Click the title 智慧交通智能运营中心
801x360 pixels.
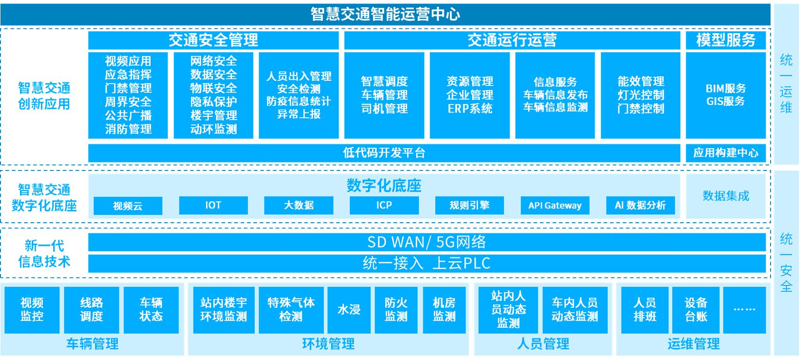[x=385, y=14]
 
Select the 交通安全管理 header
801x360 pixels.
[x=213, y=40]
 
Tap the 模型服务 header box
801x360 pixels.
[x=725, y=40]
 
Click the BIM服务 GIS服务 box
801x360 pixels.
[x=725, y=95]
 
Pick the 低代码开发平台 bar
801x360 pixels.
[x=384, y=153]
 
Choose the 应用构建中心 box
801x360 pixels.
[x=725, y=153]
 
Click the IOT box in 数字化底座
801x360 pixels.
[x=213, y=205]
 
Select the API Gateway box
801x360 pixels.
[x=555, y=205]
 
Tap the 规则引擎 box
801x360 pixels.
[x=469, y=205]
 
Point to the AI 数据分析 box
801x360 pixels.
[x=640, y=205]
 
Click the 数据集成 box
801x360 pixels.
[x=725, y=196]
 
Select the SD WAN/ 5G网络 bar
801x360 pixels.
[x=427, y=242]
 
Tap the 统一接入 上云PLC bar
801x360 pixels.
[x=427, y=263]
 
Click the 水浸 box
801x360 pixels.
[x=349, y=310]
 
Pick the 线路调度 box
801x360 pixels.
[x=92, y=310]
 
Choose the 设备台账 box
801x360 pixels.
[x=696, y=310]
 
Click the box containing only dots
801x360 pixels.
[x=744, y=310]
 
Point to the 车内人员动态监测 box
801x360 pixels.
[x=575, y=310]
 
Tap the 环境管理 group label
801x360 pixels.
[x=328, y=344]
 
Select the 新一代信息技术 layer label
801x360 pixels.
[x=44, y=254]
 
